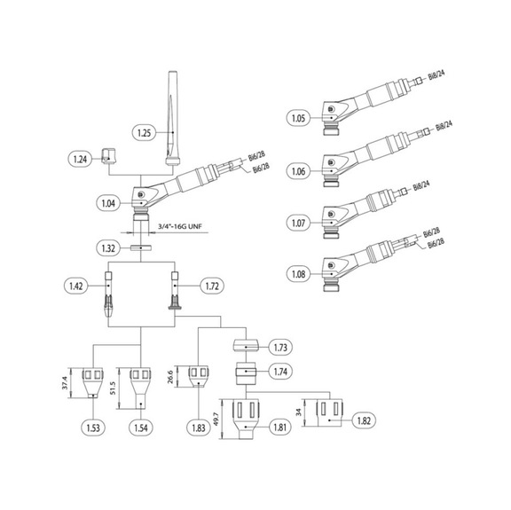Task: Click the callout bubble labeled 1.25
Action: (144, 133)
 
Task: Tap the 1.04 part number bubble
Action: (108, 203)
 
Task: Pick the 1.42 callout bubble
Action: (77, 286)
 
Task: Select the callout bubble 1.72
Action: (209, 286)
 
